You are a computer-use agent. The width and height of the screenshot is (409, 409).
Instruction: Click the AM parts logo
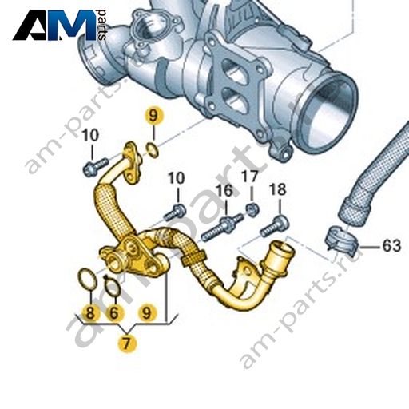tap(59, 25)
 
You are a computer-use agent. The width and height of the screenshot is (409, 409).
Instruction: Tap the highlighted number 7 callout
tap(127, 343)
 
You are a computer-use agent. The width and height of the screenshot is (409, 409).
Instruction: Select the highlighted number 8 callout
tap(90, 312)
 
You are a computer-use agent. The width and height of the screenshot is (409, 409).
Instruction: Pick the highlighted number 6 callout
tap(114, 312)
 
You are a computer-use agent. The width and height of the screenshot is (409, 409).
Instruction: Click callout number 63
tap(391, 245)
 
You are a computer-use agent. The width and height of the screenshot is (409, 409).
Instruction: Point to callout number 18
tap(278, 189)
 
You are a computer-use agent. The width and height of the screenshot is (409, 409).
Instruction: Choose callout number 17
tap(250, 176)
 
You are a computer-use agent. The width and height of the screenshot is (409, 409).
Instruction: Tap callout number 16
tap(224, 190)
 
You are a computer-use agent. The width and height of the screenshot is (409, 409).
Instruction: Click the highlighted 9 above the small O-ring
tap(153, 117)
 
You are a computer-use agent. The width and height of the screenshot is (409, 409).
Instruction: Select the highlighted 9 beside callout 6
tap(146, 312)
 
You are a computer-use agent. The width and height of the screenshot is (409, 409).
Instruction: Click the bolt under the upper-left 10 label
tap(96, 166)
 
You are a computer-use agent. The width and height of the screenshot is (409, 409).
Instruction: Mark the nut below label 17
tap(252, 209)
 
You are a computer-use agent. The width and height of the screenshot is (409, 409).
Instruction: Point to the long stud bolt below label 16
tap(221, 228)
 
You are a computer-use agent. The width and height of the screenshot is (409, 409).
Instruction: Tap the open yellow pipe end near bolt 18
tap(283, 250)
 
